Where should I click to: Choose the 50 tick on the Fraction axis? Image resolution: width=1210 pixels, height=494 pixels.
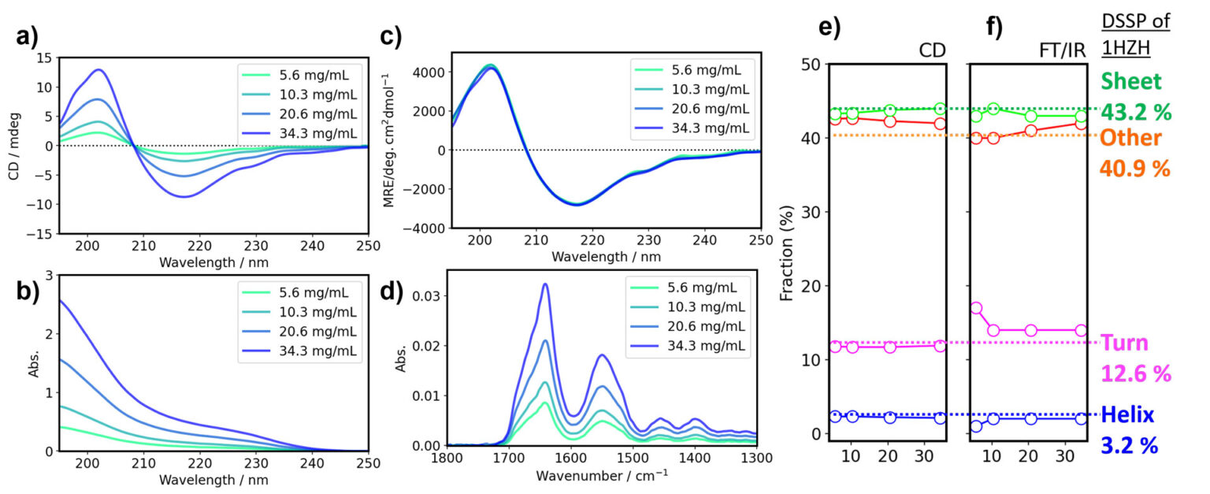pyautogui.click(x=809, y=64)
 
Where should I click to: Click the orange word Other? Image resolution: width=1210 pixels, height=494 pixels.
pyautogui.click(x=1131, y=138)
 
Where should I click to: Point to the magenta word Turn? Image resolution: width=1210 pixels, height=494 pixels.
pyautogui.click(x=1125, y=343)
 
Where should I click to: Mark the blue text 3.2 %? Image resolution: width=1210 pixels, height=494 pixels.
pyautogui.click(x=1130, y=444)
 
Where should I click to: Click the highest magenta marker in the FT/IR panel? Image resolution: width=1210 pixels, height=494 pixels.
pyautogui.click(x=977, y=308)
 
